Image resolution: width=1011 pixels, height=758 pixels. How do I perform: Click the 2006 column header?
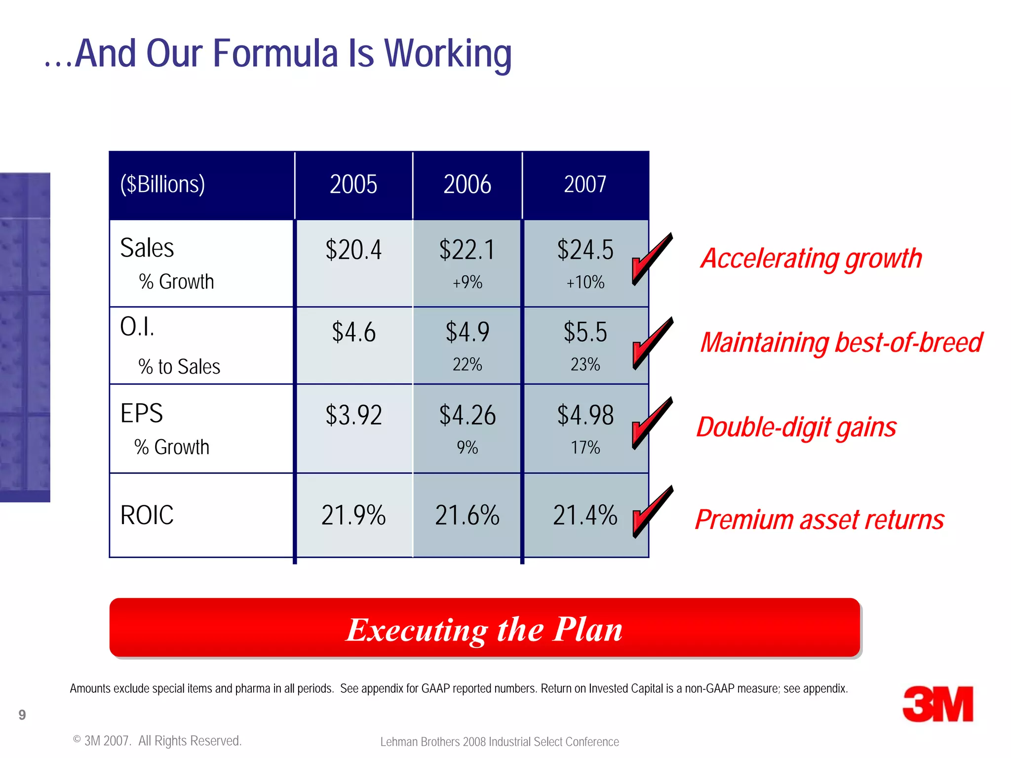tap(467, 185)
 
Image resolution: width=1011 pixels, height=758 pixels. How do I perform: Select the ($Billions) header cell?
tap(162, 185)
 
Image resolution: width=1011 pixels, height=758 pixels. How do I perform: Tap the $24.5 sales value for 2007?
tap(585, 250)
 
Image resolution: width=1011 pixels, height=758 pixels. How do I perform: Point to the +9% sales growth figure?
tap(467, 282)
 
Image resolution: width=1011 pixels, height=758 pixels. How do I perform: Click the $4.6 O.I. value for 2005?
tap(353, 332)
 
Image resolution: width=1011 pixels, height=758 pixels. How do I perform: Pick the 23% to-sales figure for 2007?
tap(585, 365)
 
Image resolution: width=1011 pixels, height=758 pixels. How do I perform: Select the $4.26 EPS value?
tap(467, 415)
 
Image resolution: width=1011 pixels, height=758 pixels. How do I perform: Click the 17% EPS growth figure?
tap(585, 448)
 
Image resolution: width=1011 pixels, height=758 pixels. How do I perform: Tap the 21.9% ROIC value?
tap(353, 515)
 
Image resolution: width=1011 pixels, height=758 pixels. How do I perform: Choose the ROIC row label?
tap(147, 515)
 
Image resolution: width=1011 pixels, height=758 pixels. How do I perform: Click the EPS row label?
tap(142, 413)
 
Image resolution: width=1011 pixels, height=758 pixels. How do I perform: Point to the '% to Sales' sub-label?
tap(179, 367)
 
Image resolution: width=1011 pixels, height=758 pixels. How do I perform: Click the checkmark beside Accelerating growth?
tap(652, 259)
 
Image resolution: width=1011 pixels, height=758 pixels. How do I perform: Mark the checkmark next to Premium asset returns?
tap(652, 512)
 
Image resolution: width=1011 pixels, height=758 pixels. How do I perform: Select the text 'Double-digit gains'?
tap(796, 427)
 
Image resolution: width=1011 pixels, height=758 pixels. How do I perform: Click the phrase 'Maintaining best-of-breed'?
tap(841, 342)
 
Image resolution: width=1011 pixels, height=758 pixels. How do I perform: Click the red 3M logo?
tap(937, 704)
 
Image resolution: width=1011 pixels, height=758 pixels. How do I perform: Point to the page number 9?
tap(22, 715)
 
